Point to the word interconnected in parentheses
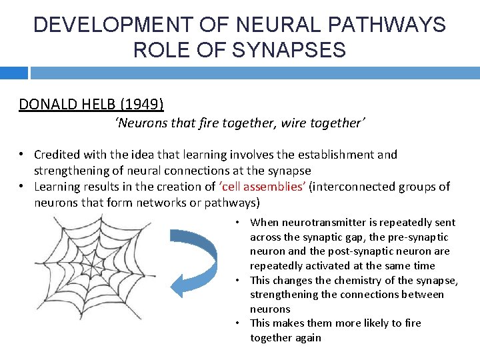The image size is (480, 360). [x=357, y=187]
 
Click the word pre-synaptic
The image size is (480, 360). [x=417, y=237]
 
